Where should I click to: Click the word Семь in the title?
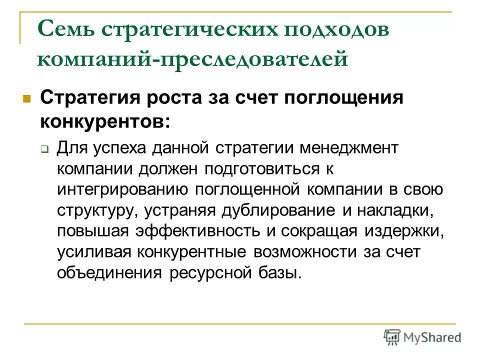pyautogui.click(x=64, y=29)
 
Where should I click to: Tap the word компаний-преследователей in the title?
pyautogui.click(x=192, y=59)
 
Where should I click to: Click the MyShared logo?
pyautogui.click(x=422, y=336)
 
